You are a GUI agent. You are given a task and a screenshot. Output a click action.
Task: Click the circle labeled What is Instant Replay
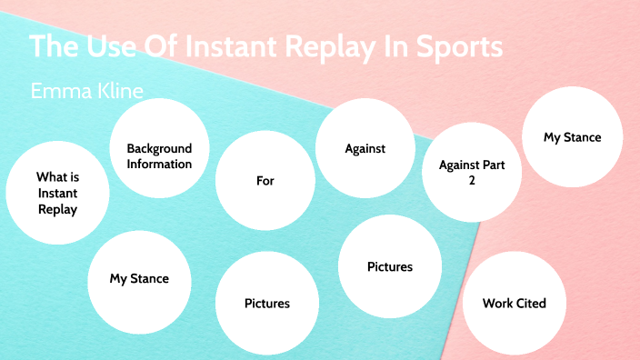click(56, 193)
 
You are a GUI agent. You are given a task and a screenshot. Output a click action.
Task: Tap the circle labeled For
click(265, 181)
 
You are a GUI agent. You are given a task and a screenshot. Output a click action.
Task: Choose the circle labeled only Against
click(365, 148)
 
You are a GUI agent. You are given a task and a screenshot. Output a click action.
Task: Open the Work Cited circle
click(514, 303)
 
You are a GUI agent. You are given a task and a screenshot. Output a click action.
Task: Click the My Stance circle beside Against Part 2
click(572, 137)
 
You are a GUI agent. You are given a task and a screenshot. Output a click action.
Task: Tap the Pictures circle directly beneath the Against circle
click(389, 266)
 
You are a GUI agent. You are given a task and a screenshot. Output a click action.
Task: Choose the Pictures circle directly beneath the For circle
click(266, 303)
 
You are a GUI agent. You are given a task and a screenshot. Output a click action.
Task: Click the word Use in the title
click(105, 47)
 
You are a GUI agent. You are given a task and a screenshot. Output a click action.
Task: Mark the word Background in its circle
click(159, 148)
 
